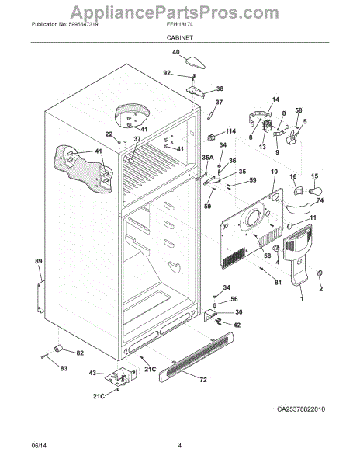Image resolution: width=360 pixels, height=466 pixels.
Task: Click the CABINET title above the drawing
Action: pos(179,37)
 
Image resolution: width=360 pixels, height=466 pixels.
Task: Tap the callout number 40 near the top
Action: pos(176,52)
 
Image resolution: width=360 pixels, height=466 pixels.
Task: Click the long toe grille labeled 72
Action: pos(196,357)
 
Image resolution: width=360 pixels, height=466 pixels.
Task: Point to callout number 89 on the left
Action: pos(39,261)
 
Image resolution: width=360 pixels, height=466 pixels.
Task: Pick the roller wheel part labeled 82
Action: pos(58,349)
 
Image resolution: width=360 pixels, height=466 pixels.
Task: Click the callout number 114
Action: pos(230,131)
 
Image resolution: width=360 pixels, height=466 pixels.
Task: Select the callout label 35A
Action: pos(208,158)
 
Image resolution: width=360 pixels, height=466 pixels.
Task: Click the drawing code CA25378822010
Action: pos(301,409)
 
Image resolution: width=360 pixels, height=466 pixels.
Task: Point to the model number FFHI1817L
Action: pos(179,24)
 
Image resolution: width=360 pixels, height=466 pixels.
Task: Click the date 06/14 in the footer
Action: pos(39,446)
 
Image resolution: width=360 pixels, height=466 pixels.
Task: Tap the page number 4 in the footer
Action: pos(179,446)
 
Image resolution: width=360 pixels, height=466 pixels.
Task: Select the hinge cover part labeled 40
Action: pos(196,63)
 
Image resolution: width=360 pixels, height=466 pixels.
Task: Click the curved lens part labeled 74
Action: pos(298,207)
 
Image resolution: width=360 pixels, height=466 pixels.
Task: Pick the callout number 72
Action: pos(203,380)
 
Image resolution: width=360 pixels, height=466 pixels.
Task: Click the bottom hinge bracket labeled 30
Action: pos(210,315)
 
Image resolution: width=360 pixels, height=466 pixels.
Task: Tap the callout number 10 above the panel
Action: pos(274,172)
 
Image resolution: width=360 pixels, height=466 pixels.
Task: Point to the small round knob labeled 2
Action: pos(320,273)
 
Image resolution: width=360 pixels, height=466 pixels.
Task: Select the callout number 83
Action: pos(64,368)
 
